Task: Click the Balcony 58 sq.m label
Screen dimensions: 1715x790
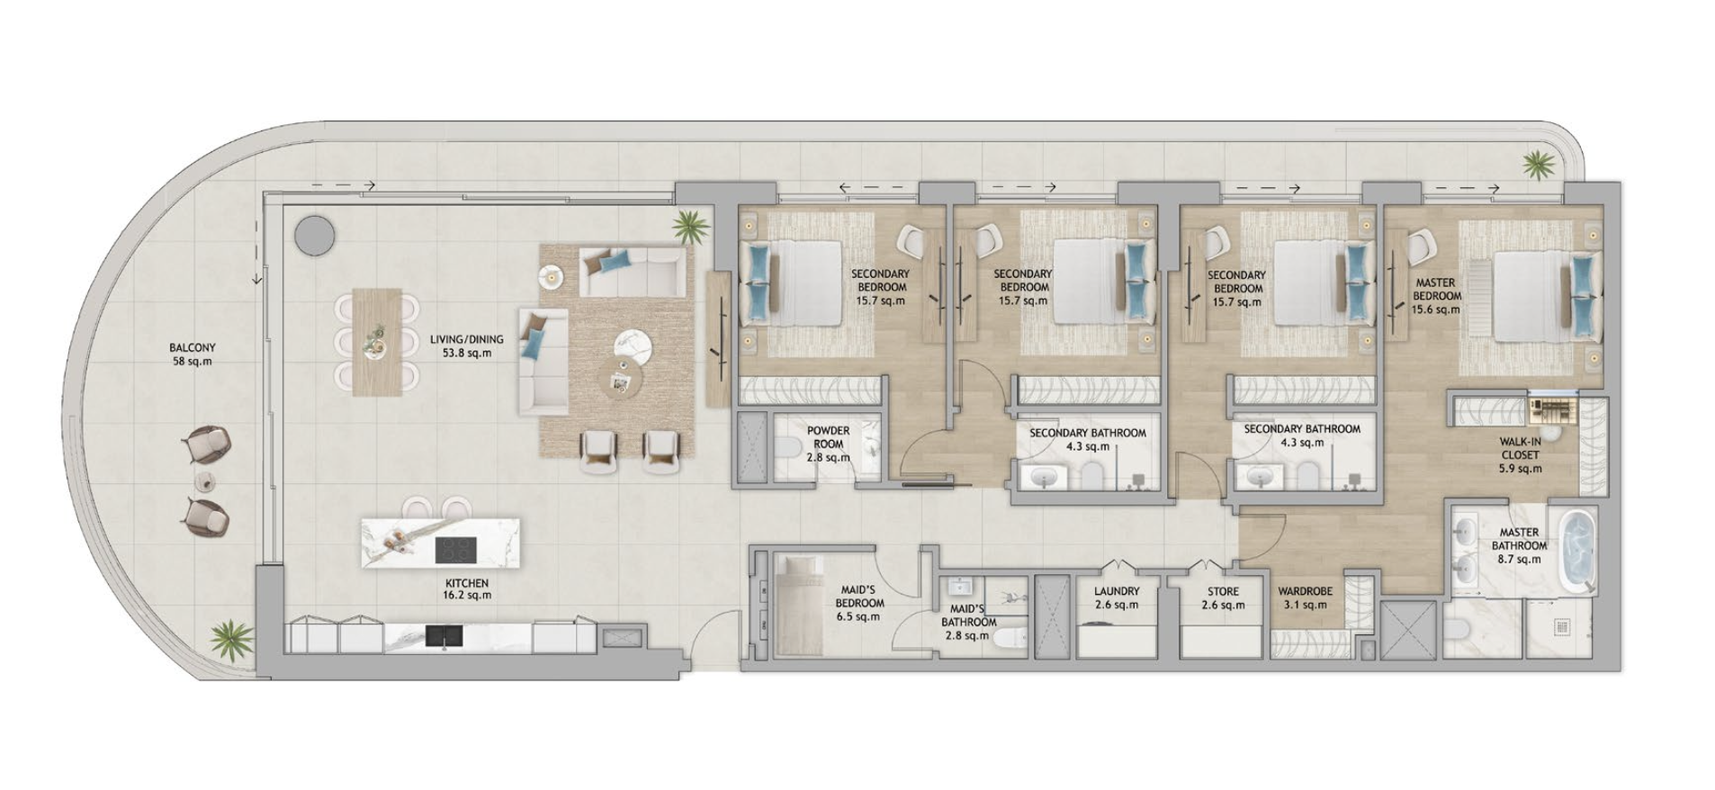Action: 192,355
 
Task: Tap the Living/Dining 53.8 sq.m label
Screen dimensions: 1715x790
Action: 466,346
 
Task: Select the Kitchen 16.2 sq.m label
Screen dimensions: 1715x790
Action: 466,589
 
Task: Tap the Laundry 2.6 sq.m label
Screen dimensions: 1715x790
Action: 1117,598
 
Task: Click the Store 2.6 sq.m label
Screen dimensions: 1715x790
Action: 1223,598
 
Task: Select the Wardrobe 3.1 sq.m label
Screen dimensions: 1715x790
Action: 1305,598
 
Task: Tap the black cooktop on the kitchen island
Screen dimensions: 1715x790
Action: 456,549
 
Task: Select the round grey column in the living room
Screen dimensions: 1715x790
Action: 314,235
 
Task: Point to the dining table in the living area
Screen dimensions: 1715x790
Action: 377,343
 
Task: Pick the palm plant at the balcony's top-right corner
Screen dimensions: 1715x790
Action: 1538,166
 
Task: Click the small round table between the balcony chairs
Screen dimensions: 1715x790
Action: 208,480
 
